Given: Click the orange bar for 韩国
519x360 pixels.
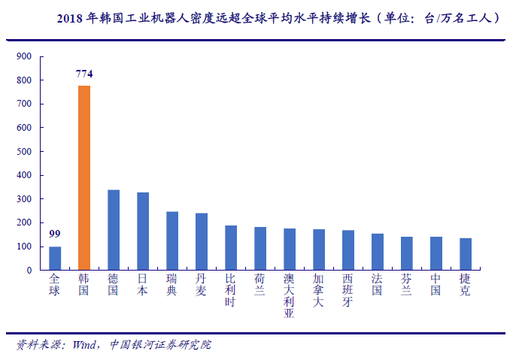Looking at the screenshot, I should pyautogui.click(x=84, y=178).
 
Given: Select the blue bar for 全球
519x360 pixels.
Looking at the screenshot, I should pyautogui.click(x=55, y=258).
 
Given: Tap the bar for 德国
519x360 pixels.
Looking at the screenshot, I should pyautogui.click(x=114, y=230).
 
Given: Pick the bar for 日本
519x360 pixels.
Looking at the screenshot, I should pyautogui.click(x=143, y=231).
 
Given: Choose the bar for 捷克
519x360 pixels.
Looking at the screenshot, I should pyautogui.click(x=466, y=254).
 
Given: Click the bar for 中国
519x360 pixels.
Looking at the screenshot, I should pyautogui.click(x=436, y=253).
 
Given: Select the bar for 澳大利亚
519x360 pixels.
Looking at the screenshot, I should pyautogui.click(x=290, y=250).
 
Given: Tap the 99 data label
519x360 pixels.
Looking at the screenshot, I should pyautogui.click(x=55, y=234).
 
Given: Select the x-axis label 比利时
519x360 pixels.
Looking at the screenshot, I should pyautogui.click(x=231, y=290).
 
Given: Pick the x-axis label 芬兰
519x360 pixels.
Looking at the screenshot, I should pyautogui.click(x=407, y=284).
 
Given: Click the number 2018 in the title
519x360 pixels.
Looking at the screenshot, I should pyautogui.click(x=71, y=17).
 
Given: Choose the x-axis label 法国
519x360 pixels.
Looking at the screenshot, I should pyautogui.click(x=378, y=284).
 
